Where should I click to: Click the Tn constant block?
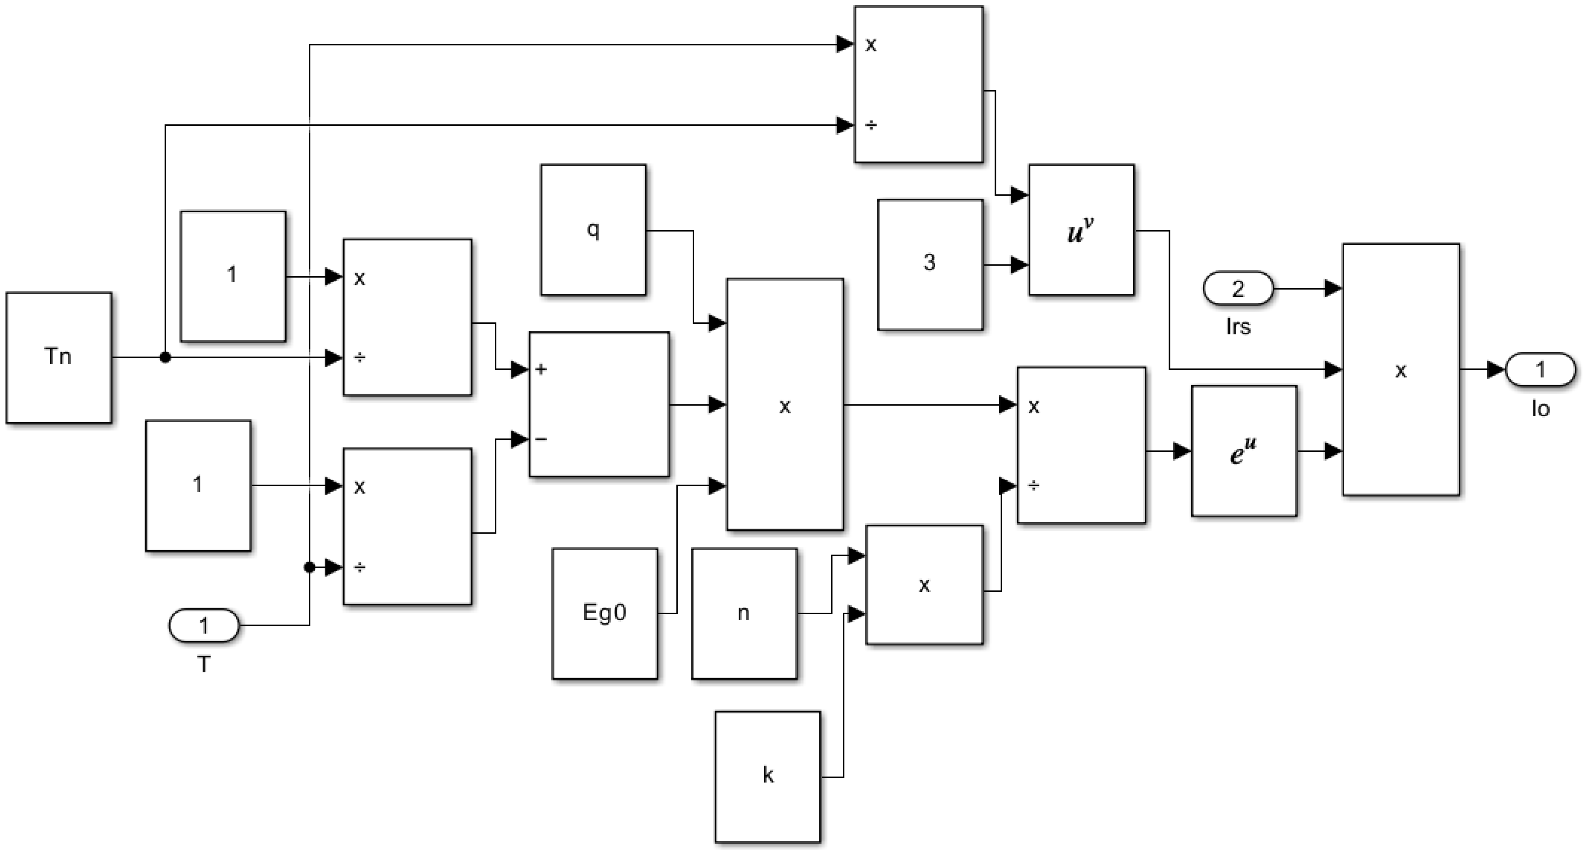tap(58, 357)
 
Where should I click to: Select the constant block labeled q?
tap(593, 230)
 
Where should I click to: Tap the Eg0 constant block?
tap(605, 613)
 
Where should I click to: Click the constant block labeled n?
tap(744, 613)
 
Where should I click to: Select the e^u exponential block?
tap(1244, 451)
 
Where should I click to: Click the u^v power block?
tap(1081, 230)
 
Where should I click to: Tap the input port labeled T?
tap(203, 626)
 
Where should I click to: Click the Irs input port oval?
tap(1238, 288)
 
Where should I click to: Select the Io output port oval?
tap(1540, 369)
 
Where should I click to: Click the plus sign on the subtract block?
tap(541, 369)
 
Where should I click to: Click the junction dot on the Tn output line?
tap(165, 357)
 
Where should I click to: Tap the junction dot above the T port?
tap(309, 567)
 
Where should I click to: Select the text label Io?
tap(1540, 409)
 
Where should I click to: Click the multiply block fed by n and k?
tap(924, 585)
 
